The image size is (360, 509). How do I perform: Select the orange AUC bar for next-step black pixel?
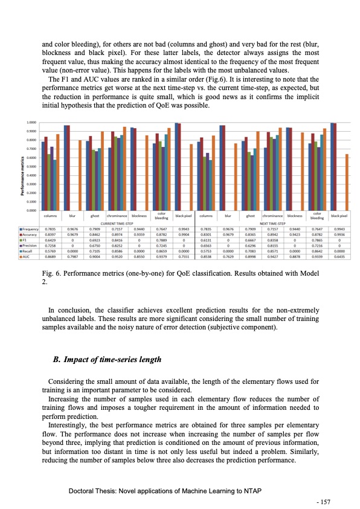[347, 182]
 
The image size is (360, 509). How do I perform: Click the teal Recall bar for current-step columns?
[55, 185]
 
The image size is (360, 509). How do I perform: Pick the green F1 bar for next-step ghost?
[248, 181]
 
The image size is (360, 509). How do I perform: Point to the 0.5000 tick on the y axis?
[31, 166]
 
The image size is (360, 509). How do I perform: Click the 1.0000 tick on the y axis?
[31, 123]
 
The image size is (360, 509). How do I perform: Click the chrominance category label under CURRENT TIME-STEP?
[117, 215]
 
